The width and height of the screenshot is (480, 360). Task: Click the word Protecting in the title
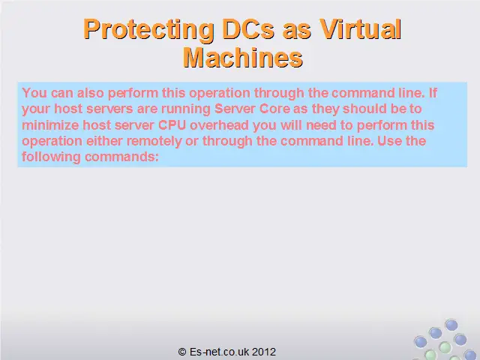[x=148, y=30]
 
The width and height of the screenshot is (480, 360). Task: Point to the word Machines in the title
[x=243, y=58]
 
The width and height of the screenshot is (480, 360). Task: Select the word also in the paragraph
[x=91, y=93]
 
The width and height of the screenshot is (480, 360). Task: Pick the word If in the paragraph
[x=433, y=93]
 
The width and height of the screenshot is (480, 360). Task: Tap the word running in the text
[x=186, y=109]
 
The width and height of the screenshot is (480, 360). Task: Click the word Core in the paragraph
[x=274, y=109]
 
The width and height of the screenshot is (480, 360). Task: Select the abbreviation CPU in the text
[x=172, y=125]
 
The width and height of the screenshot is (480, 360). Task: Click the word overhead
[x=220, y=125]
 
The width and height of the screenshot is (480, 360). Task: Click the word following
[x=51, y=157]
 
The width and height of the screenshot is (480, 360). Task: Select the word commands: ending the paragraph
[x=121, y=157]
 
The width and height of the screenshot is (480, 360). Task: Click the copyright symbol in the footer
[x=182, y=352]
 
